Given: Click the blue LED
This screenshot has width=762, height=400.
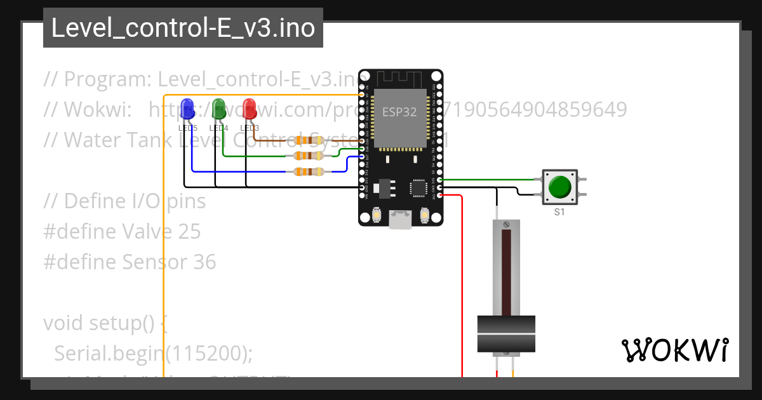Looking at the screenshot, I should (187, 109).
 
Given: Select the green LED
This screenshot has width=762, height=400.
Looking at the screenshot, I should (218, 108).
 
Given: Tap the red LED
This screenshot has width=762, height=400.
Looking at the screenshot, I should (249, 108).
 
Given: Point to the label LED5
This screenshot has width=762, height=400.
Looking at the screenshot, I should (187, 128).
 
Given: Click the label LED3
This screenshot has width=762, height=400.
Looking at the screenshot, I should (250, 128).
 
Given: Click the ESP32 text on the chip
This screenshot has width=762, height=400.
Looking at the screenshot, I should (399, 112).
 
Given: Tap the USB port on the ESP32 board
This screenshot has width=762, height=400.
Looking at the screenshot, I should (400, 220).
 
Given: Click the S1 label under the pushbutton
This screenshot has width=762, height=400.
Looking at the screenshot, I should (559, 212).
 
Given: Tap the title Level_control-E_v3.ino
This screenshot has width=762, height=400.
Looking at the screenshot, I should (183, 28).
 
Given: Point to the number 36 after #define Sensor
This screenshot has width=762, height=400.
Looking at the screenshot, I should (204, 262).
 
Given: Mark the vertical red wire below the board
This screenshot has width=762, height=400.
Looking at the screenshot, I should (462, 286).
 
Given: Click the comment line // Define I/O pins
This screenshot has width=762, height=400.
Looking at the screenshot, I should (124, 201).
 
